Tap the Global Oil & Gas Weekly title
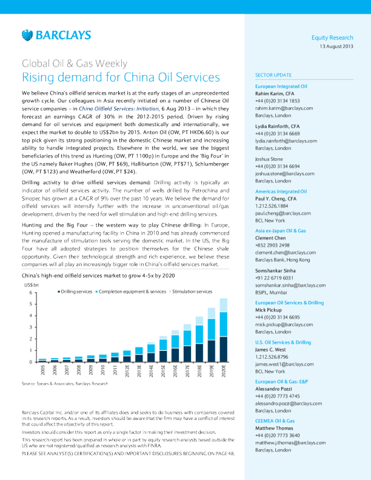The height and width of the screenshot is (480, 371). click(x=75, y=64)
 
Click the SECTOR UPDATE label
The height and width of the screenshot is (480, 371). click(x=273, y=75)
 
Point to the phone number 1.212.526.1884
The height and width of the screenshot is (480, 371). click(x=273, y=205)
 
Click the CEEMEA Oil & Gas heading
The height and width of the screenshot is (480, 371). click(x=275, y=421)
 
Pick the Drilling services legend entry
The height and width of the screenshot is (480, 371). click(x=75, y=292)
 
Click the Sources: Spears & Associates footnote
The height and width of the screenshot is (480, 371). click(x=56, y=384)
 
